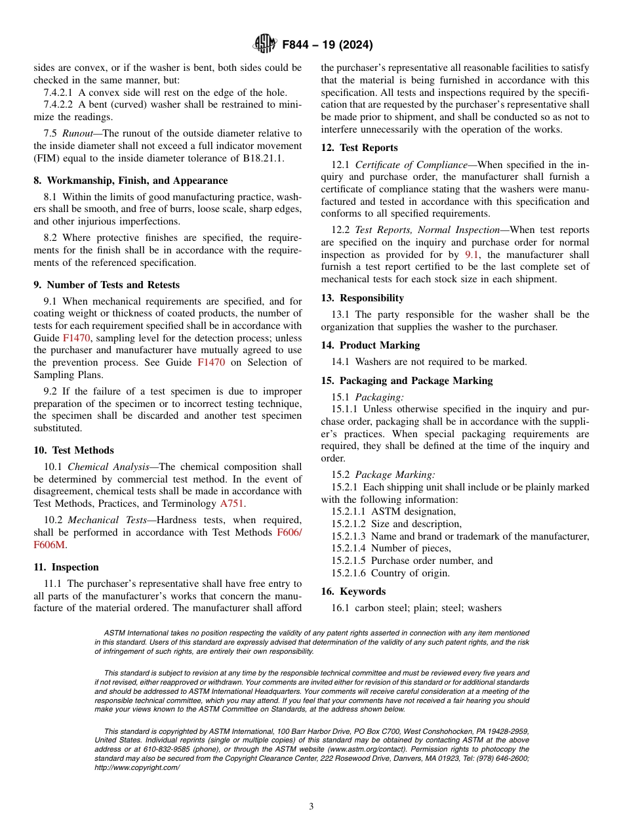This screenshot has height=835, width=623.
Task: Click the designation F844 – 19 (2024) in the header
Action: click(327, 45)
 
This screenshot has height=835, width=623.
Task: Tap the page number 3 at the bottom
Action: click(311, 806)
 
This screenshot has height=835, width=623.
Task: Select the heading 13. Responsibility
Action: click(362, 298)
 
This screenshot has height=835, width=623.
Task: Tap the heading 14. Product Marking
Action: click(370, 345)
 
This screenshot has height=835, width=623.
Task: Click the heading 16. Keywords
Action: click(353, 591)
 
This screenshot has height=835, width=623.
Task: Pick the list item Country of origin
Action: click(411, 573)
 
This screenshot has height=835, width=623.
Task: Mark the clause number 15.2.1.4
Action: click(350, 548)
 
